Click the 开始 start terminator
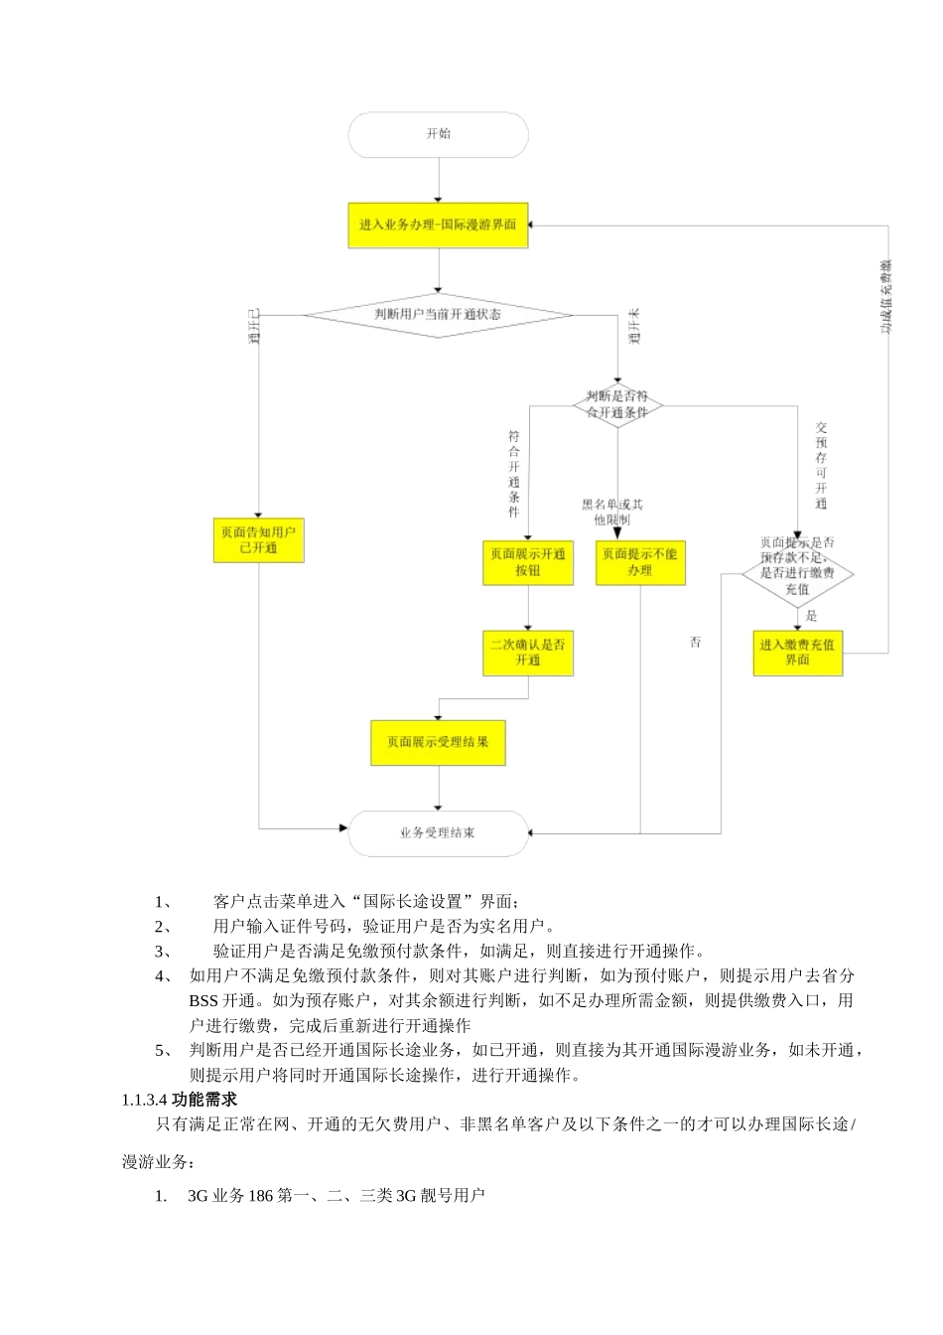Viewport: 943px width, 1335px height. (438, 134)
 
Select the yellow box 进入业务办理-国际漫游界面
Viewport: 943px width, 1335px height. (438, 225)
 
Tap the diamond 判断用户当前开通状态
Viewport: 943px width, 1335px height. (438, 315)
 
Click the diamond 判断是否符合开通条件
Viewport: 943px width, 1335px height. (617, 403)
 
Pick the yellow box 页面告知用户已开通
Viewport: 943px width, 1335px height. (258, 540)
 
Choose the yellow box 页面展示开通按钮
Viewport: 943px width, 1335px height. (528, 562)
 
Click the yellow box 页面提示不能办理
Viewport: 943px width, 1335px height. (640, 562)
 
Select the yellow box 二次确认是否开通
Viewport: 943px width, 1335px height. (528, 653)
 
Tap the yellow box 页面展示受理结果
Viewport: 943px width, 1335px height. (438, 742)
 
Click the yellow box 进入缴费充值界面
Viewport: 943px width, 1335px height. (797, 653)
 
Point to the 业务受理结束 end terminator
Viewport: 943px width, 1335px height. (438, 832)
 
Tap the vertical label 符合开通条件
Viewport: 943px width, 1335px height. (513, 475)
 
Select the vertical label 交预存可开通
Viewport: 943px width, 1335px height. (821, 465)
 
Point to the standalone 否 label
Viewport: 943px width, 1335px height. (695, 643)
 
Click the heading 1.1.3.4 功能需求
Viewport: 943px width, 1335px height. (179, 1100)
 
